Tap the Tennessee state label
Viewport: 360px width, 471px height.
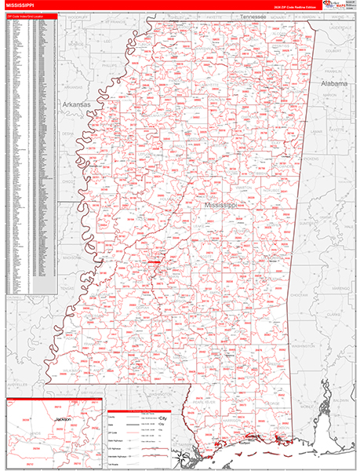(x=253, y=16)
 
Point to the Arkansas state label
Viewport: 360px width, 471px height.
(x=76, y=104)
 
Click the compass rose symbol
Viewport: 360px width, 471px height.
(x=180, y=455)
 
